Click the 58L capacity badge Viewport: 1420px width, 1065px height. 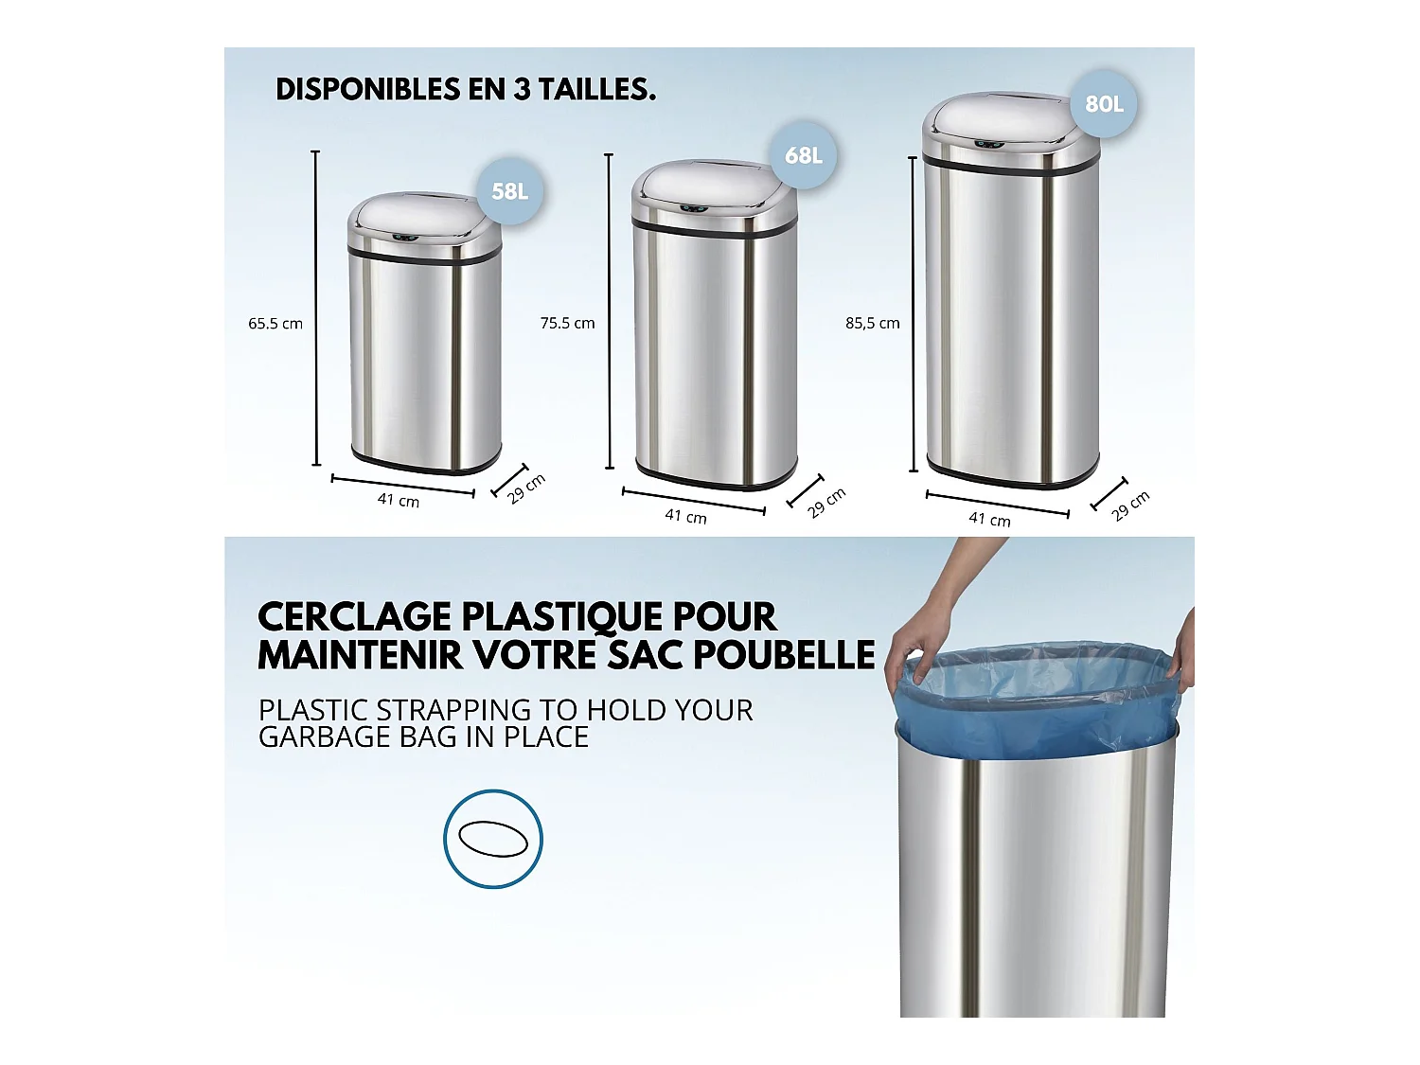point(509,191)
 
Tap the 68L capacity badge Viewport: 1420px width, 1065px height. point(803,155)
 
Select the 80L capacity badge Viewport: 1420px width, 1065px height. point(1104,104)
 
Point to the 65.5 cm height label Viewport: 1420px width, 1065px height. point(275,324)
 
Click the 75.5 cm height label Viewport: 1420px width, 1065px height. point(567,323)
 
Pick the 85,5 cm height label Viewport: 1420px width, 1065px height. point(872,323)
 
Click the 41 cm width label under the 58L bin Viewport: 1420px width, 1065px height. point(399,500)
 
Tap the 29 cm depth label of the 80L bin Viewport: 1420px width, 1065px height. point(1130,506)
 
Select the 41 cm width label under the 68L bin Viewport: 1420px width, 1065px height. point(685,516)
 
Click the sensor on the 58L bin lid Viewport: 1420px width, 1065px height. point(404,237)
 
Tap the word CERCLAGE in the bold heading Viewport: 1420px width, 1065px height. point(354,617)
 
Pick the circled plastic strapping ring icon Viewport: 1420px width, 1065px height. point(493,839)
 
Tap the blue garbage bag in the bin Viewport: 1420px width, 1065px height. point(1032,701)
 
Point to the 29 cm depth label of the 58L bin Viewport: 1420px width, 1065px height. point(525,488)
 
